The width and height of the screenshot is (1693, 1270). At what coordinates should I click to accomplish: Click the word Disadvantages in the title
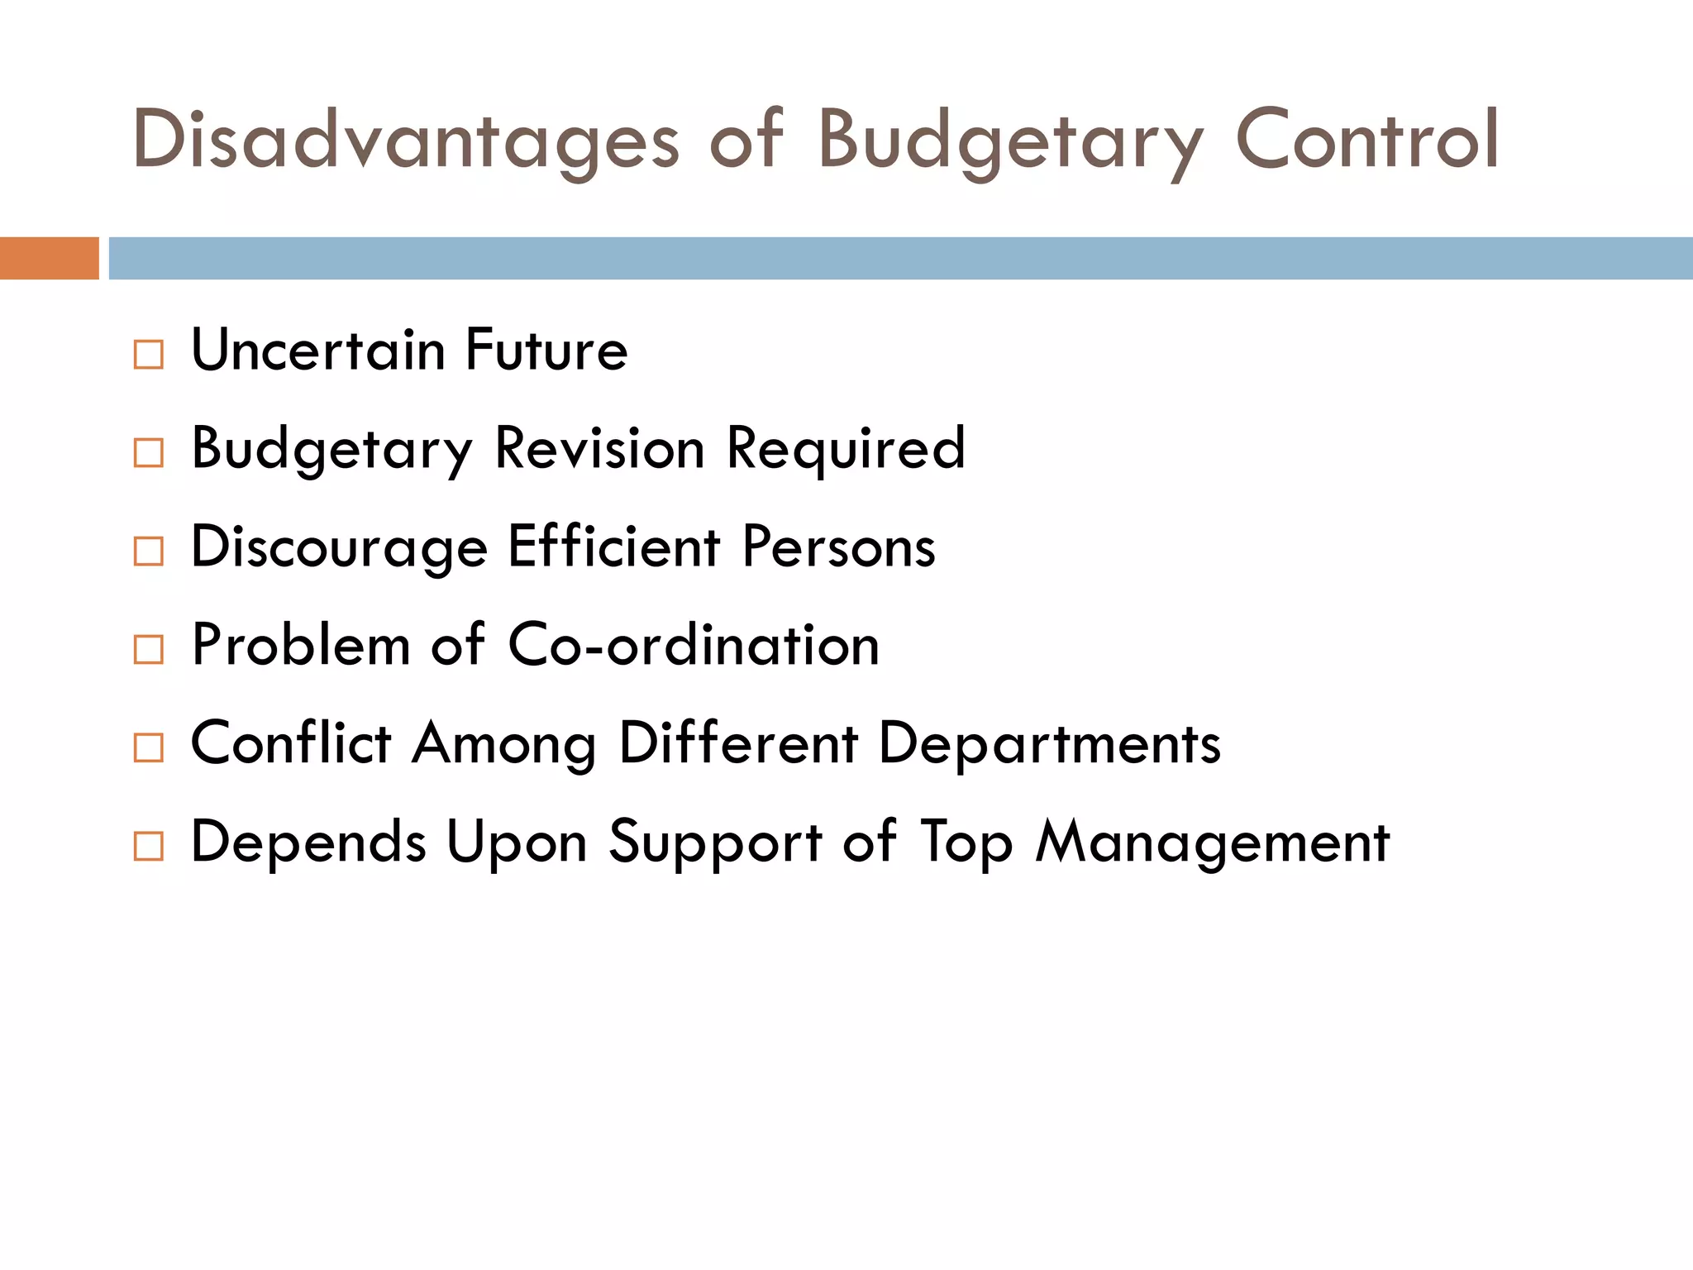(405, 141)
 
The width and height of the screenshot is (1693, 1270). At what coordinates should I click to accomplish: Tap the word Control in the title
(1367, 141)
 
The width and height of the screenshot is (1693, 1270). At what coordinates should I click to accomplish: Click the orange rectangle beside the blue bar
(49, 258)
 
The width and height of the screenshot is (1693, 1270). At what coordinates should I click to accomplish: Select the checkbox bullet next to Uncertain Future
(149, 354)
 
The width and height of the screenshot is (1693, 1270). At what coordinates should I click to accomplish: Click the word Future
(546, 351)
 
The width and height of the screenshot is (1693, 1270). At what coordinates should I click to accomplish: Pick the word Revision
(599, 449)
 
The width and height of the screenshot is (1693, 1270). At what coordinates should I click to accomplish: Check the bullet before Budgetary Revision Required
(149, 452)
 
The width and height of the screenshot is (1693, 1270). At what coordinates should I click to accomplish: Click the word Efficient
(614, 547)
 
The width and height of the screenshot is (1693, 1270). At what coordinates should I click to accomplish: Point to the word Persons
(839, 547)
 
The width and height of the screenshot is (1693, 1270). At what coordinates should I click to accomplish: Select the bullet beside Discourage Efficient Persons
(149, 551)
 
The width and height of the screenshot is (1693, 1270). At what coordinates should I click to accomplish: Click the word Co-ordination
(694, 645)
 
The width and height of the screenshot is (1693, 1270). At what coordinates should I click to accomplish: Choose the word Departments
(1049, 744)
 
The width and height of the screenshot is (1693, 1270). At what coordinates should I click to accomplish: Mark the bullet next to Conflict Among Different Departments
(149, 747)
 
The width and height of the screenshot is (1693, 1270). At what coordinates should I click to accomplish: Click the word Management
(1213, 843)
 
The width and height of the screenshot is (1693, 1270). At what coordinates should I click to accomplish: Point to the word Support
(715, 843)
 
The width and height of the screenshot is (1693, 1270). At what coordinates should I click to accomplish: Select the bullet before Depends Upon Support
(149, 846)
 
